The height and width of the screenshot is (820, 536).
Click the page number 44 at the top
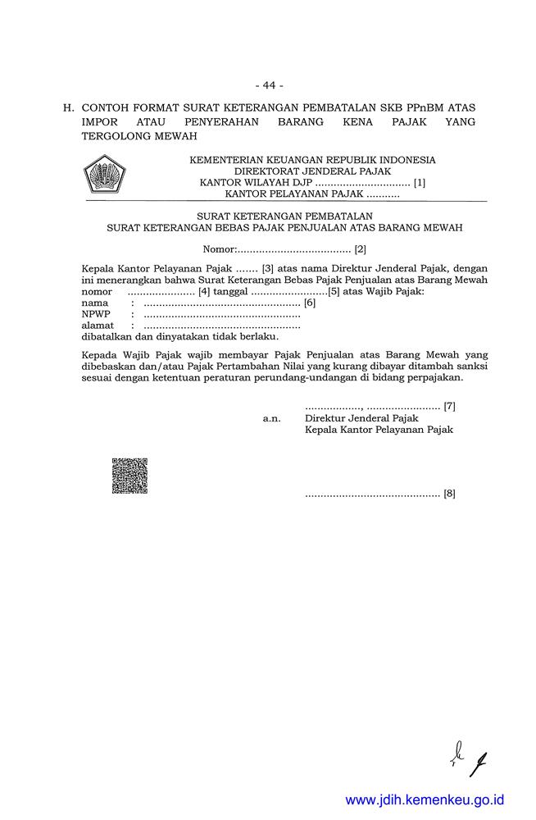(x=268, y=85)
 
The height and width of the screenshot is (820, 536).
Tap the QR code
(x=129, y=476)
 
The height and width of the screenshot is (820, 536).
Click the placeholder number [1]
(x=420, y=183)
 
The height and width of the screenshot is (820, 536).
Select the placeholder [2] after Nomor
(x=360, y=248)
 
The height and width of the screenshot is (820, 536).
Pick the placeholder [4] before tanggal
(x=204, y=291)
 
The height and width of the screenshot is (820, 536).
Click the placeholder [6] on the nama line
(x=309, y=303)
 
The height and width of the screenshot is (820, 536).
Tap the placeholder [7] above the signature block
(x=449, y=406)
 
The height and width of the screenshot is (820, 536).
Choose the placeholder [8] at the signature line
(x=449, y=494)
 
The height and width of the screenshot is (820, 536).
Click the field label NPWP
(x=96, y=314)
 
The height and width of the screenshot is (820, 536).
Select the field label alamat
(x=98, y=326)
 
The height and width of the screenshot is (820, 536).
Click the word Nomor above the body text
(x=219, y=248)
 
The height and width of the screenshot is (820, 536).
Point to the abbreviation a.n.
(x=271, y=418)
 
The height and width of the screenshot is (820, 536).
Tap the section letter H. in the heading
(x=69, y=107)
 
